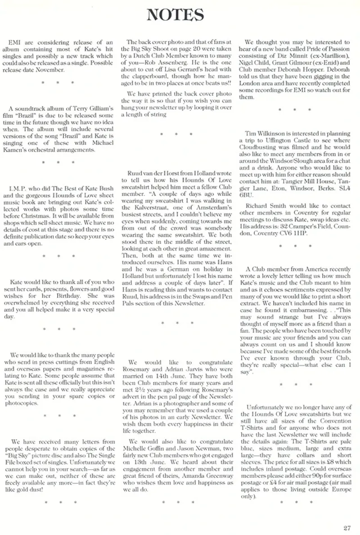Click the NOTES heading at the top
(180, 15)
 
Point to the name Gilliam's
(101, 109)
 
